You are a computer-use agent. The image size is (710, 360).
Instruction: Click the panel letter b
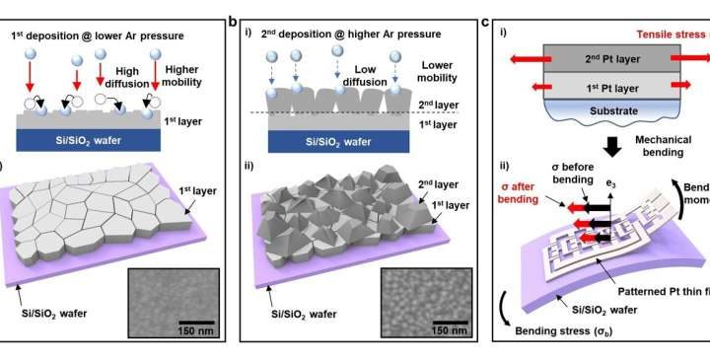tap(233, 20)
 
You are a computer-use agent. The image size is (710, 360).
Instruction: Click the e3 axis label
tap(620, 184)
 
